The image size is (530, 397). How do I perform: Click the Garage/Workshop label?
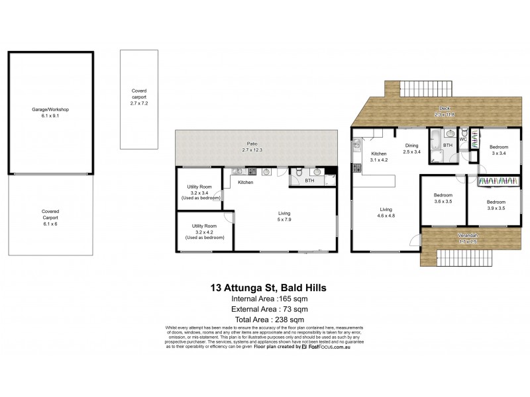coord(50,112)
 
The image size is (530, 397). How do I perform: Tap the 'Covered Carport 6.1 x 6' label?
coord(50,215)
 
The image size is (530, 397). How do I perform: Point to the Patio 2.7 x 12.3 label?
coord(251,147)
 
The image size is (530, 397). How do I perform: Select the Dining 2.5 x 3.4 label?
coord(412,149)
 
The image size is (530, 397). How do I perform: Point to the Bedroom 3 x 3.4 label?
coord(498,150)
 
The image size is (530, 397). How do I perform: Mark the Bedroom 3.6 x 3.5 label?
coord(443,198)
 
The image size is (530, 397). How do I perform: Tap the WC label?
coord(464,140)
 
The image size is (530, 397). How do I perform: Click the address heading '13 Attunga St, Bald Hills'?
coord(268,288)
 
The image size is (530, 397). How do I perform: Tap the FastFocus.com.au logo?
coord(325,347)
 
